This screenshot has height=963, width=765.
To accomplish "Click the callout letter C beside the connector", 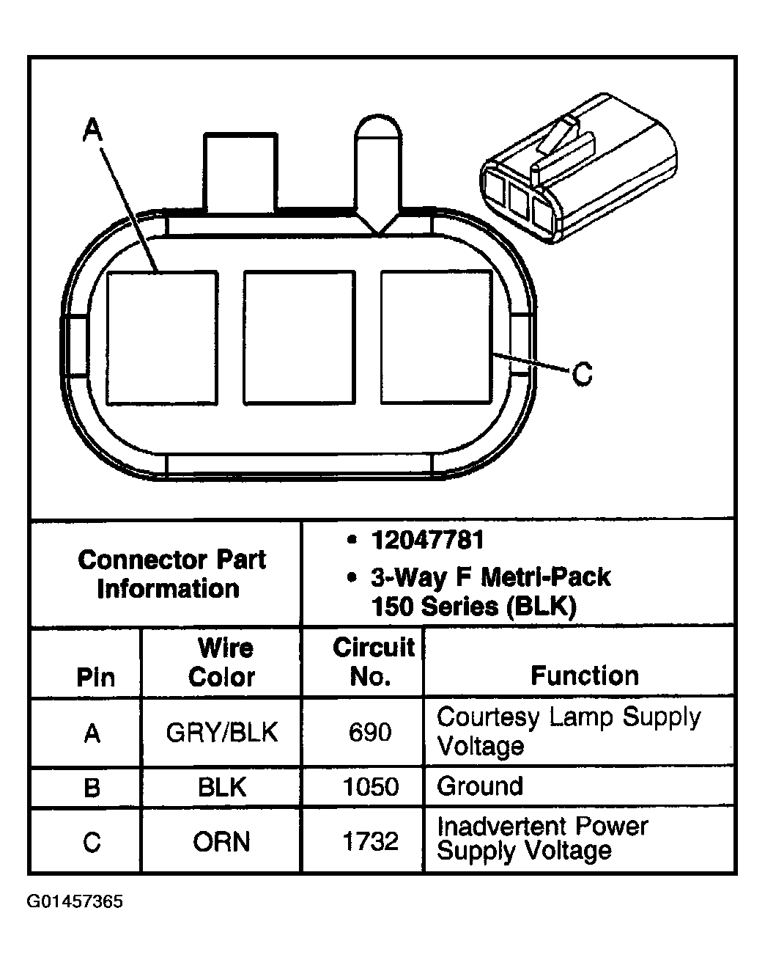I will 582,375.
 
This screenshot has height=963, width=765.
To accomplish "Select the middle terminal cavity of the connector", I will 299,337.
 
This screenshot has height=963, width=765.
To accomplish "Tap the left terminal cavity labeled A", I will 162,337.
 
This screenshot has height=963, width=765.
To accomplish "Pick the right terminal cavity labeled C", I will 436,337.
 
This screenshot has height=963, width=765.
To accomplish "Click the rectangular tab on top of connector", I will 240,172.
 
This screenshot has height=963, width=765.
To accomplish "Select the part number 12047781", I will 428,541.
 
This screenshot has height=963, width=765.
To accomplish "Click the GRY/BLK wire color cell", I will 221,733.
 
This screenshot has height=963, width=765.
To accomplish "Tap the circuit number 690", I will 370,732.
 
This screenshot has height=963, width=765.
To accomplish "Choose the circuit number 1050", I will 370,787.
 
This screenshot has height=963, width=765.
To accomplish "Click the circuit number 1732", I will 370,841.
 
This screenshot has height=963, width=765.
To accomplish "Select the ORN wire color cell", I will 221,841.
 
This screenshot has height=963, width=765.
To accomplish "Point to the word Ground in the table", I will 480,786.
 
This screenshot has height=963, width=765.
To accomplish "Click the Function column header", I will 584,675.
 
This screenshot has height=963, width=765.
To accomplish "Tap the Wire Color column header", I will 221,662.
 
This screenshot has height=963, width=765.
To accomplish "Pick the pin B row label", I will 92,787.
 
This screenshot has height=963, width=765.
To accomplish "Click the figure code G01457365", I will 75,901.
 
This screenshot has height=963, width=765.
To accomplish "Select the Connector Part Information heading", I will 171,574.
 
